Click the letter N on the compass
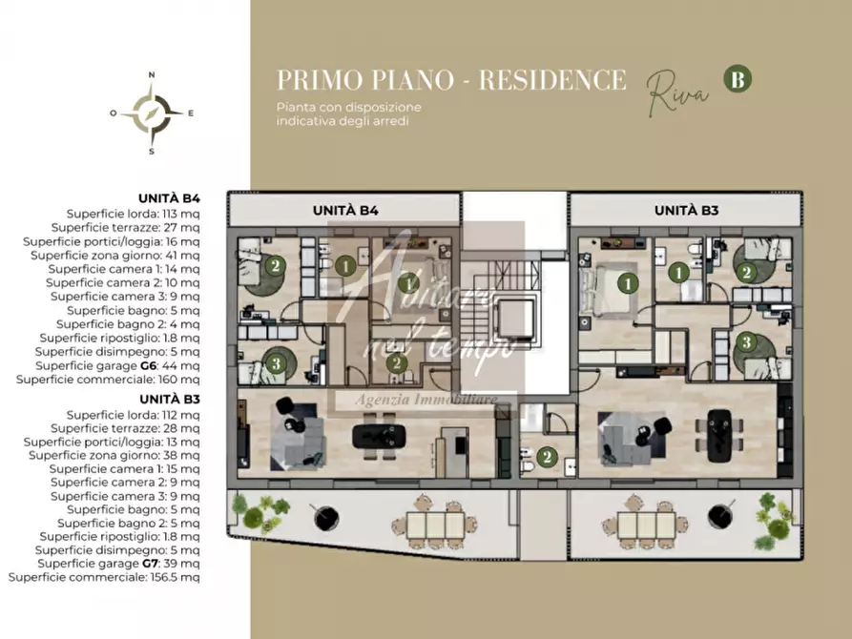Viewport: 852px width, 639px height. (152, 73)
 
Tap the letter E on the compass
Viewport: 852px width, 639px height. (191, 113)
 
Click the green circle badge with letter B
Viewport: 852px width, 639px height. (737, 79)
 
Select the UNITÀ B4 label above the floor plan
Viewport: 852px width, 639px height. (346, 210)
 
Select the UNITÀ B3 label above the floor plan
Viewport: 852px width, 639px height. (687, 210)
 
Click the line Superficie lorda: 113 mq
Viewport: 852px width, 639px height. (133, 215)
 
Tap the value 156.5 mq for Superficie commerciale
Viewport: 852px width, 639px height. (176, 577)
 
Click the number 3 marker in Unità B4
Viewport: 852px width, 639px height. (275, 362)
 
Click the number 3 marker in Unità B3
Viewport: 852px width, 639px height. (747, 340)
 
